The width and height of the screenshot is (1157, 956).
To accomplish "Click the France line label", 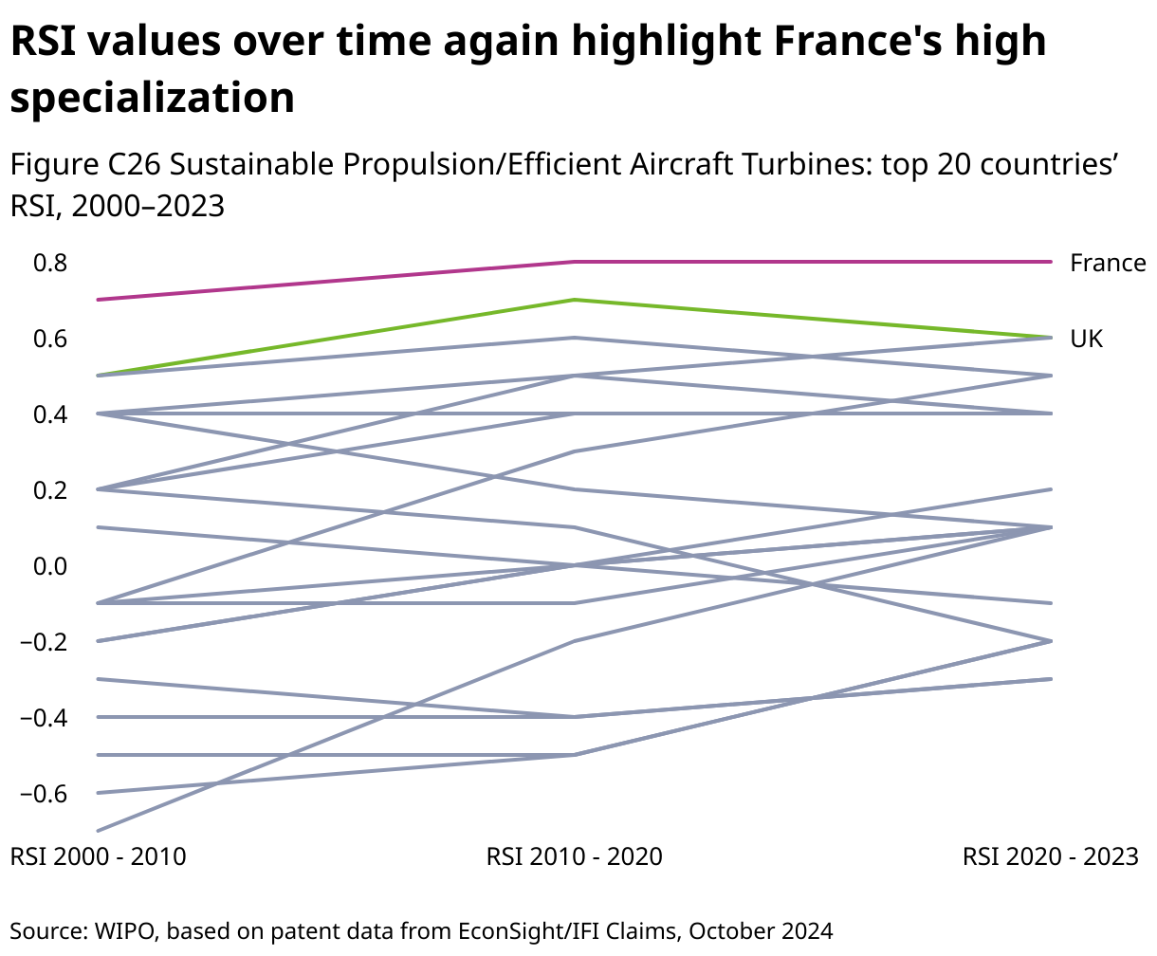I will click(1108, 263).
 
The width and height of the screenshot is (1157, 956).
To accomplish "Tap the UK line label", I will click(1087, 339).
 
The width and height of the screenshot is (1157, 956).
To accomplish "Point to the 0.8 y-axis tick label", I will click(49, 263).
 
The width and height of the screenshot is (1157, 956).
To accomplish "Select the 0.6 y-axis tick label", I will click(49, 339).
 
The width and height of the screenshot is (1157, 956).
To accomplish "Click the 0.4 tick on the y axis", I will click(49, 414).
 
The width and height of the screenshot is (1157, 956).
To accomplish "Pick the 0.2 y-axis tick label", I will click(49, 490).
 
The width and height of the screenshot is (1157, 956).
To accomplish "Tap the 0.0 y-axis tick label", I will click(49, 566).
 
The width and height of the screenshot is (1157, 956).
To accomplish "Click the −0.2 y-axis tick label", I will click(44, 642).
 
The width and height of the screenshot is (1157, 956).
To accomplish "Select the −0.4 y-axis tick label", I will click(44, 718).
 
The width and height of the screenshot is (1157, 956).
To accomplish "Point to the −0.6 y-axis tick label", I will click(44, 794).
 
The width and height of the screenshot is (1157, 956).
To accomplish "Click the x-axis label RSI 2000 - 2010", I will click(98, 856).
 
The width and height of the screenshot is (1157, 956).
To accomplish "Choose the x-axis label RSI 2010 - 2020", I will click(575, 856).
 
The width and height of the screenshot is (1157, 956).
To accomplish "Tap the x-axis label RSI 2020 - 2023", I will click(1050, 856).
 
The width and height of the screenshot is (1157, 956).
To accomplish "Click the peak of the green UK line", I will click(575, 300).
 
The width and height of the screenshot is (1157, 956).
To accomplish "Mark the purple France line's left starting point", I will click(100, 300).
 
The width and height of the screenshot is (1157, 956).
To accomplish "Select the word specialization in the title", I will click(153, 98).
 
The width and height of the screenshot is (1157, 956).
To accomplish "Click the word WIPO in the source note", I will click(117, 930).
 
